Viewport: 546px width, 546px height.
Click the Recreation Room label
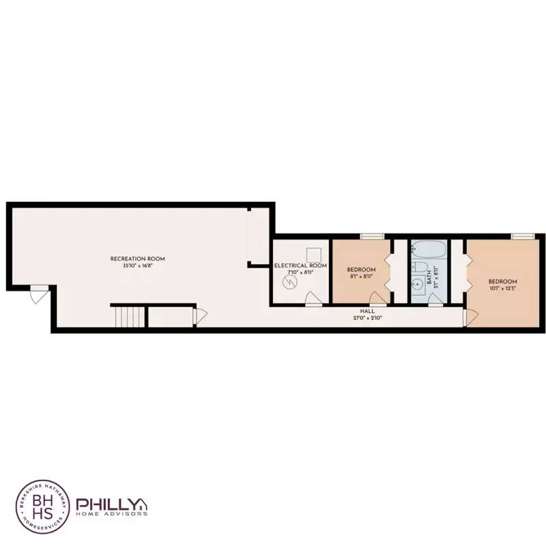(138, 259)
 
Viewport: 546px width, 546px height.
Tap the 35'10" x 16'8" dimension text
(138, 265)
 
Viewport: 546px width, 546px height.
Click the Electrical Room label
(300, 265)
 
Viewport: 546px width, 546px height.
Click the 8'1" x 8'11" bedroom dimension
(360, 276)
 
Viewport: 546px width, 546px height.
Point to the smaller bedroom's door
(376, 298)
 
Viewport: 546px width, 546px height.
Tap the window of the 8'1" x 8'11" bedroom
(372, 236)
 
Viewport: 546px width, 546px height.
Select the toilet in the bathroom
(420, 268)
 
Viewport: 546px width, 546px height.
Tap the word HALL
(367, 311)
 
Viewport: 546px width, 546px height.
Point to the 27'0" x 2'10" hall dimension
(367, 318)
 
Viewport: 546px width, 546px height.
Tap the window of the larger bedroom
(522, 236)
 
